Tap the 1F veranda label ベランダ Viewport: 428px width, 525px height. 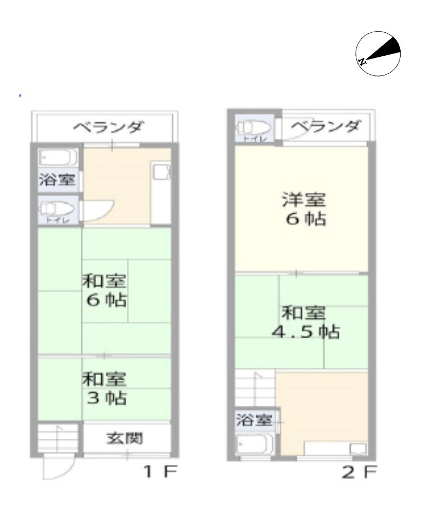[x=109, y=128]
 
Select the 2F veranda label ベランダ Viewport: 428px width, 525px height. [x=325, y=127]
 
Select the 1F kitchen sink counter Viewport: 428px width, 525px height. [x=161, y=194]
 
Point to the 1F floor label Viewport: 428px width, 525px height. [x=160, y=471]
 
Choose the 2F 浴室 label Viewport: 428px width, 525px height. [x=254, y=421]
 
